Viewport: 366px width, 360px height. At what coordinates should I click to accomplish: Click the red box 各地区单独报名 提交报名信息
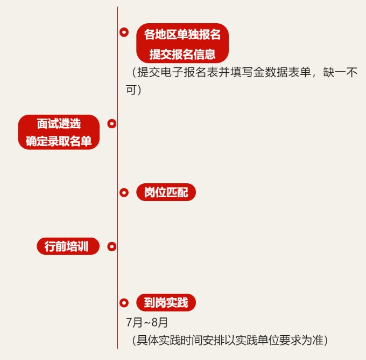[182, 44]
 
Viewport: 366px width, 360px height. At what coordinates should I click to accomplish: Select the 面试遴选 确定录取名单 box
[59, 132]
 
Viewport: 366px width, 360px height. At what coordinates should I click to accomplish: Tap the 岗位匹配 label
[166, 192]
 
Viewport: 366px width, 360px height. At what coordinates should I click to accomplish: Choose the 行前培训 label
[68, 247]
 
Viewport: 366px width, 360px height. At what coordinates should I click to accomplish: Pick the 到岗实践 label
[166, 303]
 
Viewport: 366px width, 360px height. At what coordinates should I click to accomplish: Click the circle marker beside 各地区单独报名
[124, 33]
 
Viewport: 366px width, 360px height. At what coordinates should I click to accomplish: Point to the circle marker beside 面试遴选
[112, 124]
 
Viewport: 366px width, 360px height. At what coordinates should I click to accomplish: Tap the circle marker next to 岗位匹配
[124, 192]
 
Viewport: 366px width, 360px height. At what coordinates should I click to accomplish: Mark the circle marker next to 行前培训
[112, 247]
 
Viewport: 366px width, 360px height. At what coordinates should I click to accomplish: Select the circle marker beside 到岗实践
[124, 303]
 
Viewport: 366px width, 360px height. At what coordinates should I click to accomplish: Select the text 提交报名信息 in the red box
[182, 54]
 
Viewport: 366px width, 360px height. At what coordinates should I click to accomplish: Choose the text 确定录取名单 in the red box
[59, 142]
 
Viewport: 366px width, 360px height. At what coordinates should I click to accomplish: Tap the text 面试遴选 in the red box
[59, 123]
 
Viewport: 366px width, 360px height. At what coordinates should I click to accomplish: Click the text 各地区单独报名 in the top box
[182, 34]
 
